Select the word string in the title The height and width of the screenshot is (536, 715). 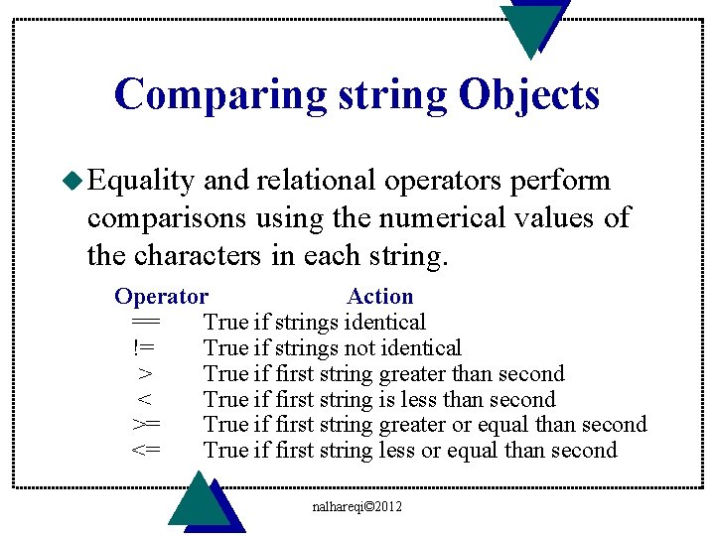click(391, 95)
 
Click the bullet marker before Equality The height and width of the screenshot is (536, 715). click(75, 181)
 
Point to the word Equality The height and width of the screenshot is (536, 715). click(140, 181)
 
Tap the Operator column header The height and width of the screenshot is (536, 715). click(161, 296)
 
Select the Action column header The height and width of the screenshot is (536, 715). click(379, 296)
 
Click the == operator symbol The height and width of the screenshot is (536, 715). click(145, 322)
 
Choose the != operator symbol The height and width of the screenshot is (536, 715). click(145, 347)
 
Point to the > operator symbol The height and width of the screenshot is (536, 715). click(145, 374)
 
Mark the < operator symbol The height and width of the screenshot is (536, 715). click(145, 400)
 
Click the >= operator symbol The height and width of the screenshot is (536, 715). click(145, 426)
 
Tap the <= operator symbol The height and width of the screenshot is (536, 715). click(145, 452)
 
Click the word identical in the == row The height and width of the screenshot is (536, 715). click(384, 322)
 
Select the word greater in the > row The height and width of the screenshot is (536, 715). click(412, 374)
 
